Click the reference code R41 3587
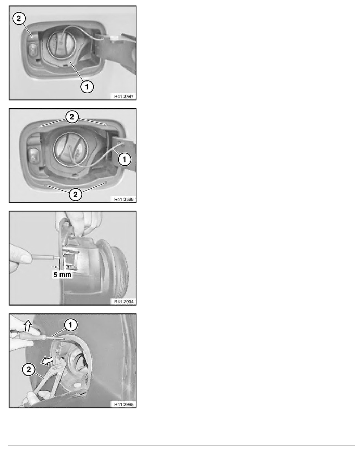(x=124, y=96)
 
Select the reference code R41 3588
(x=124, y=199)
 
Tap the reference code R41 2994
(x=124, y=302)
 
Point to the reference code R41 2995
(x=124, y=404)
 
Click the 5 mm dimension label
(x=62, y=275)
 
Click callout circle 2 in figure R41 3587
(x=19, y=19)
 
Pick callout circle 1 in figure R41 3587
(x=87, y=87)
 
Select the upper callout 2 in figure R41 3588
(x=72, y=117)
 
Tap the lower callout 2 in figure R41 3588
(x=75, y=195)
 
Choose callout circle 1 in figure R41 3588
(x=124, y=159)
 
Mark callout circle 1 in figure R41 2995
(x=71, y=325)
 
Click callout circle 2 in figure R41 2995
(x=29, y=370)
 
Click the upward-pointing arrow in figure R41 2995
(x=27, y=326)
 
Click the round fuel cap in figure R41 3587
(x=60, y=44)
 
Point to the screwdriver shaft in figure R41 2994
(x=43, y=257)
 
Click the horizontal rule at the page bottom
(x=182, y=446)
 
